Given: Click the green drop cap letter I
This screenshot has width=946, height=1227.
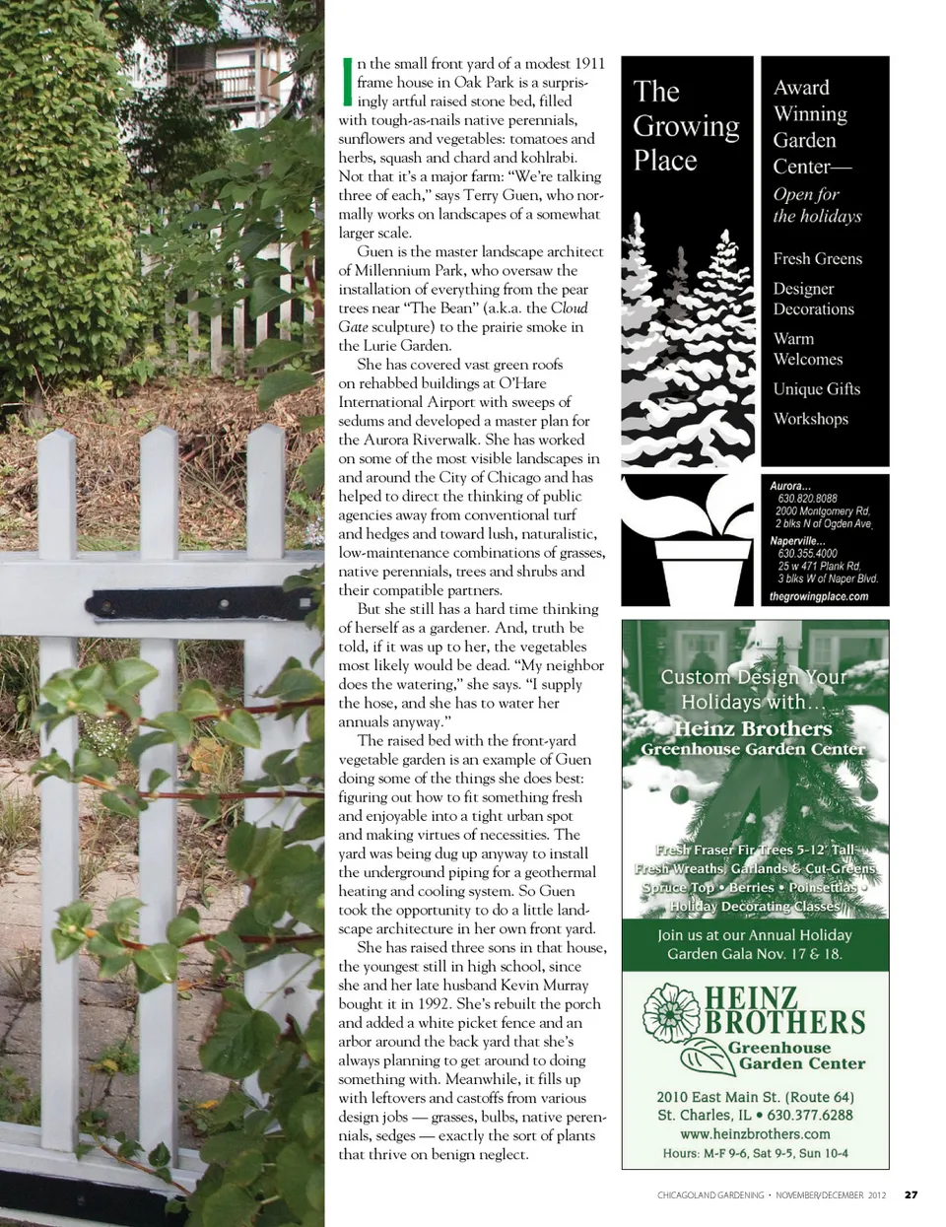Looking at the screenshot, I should click(x=346, y=81).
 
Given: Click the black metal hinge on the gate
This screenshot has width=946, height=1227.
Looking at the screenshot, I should click(x=168, y=602).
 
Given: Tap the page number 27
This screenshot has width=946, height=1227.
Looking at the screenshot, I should click(x=911, y=1194).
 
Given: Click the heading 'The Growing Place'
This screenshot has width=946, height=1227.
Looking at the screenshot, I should click(x=685, y=125).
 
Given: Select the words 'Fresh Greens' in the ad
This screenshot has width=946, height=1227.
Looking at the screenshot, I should click(x=817, y=258).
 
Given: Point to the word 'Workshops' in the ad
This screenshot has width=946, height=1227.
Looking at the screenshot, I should click(x=810, y=419).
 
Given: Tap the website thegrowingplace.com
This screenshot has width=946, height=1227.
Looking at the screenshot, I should click(x=818, y=596).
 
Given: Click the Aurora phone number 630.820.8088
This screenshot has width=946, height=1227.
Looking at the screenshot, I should click(x=807, y=499).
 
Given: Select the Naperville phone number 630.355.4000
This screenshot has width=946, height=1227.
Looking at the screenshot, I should click(x=807, y=554).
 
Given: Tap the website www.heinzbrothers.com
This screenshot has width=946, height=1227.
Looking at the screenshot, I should click(x=755, y=1133).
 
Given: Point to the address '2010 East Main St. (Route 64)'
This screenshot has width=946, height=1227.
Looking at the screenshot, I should click(x=755, y=1097).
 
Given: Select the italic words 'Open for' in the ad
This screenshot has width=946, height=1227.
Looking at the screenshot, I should click(x=806, y=194).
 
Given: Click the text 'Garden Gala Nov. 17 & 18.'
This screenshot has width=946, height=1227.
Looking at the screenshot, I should click(x=755, y=953).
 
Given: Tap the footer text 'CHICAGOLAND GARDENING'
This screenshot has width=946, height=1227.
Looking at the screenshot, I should click(x=710, y=1194).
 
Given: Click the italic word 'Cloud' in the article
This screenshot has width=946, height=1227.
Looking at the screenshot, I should click(x=569, y=307).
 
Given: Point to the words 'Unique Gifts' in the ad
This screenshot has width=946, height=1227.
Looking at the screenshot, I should click(x=816, y=389).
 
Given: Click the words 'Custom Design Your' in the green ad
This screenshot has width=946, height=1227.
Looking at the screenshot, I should click(x=753, y=677).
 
